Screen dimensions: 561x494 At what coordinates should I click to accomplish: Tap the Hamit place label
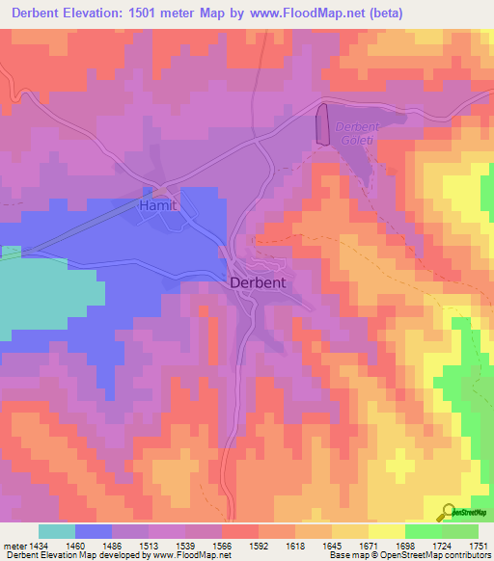coord(158,206)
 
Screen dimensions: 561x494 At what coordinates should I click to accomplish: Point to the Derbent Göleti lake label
coord(358,134)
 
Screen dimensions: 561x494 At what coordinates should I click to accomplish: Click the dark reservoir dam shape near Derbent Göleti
coord(322,124)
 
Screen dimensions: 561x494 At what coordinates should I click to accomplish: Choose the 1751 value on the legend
coord(479,546)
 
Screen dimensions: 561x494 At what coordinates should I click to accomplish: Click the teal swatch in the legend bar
coord(57,531)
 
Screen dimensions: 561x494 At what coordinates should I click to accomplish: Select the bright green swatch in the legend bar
coord(423,531)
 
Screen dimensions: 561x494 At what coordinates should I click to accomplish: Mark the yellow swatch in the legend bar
coord(386,531)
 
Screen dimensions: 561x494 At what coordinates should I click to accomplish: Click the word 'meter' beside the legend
coord(14,546)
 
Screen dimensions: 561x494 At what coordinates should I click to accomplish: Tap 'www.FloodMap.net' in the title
coord(296,13)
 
